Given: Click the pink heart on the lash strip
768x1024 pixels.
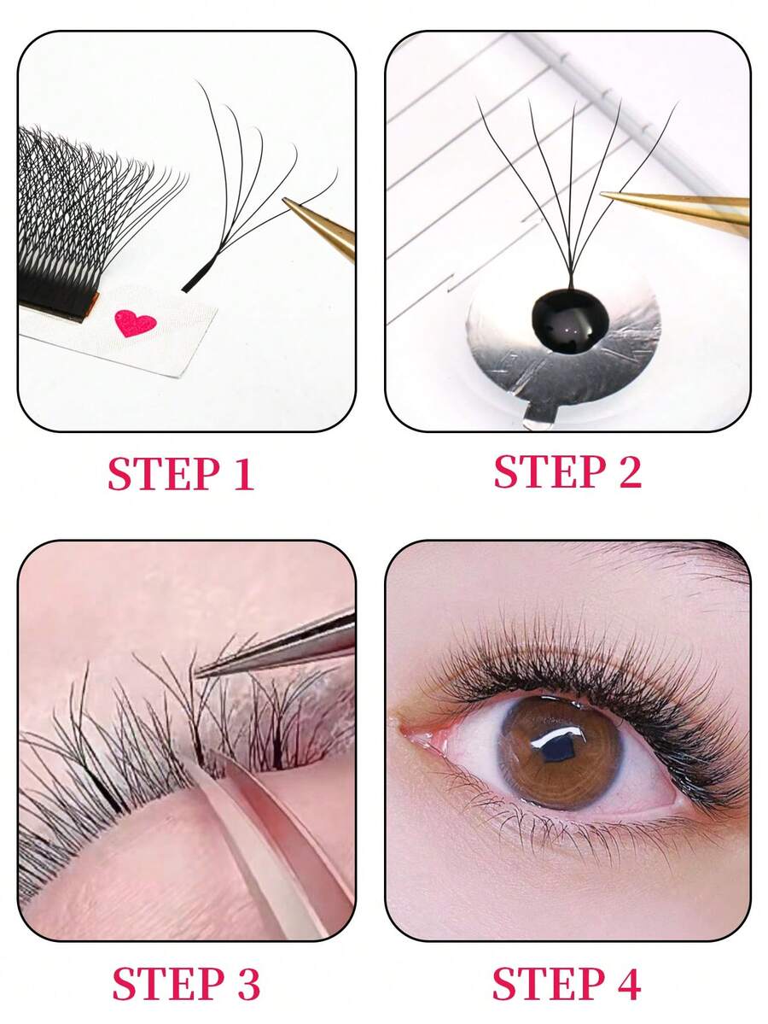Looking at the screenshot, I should pyautogui.click(x=135, y=323).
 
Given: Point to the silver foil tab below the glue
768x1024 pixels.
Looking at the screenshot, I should pyautogui.click(x=534, y=418).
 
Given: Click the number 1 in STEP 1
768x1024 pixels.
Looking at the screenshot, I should pyautogui.click(x=243, y=476).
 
